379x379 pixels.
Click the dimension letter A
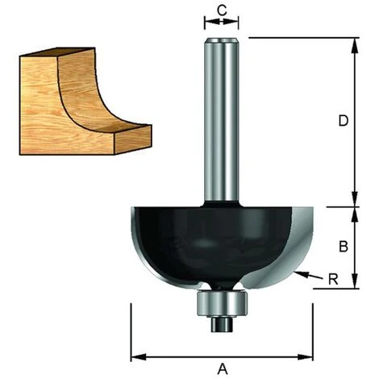[223, 369]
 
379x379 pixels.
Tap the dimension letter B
[344, 246]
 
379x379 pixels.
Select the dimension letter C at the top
[222, 10]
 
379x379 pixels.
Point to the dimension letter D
[344, 121]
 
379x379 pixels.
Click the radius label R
[333, 279]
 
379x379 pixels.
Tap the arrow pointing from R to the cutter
[308, 275]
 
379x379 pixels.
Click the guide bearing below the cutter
[222, 304]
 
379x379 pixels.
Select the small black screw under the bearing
[222, 324]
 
